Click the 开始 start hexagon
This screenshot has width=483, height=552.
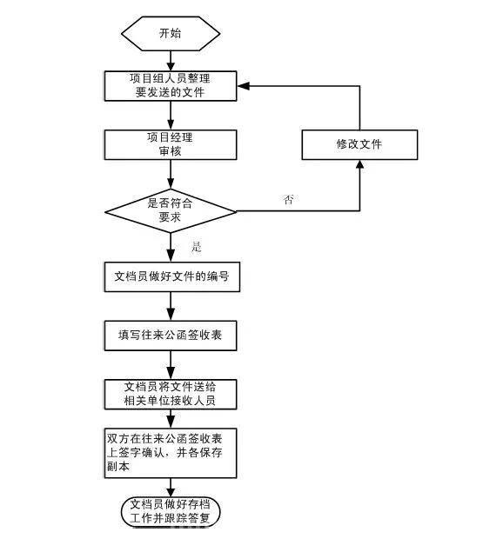tap(171, 34)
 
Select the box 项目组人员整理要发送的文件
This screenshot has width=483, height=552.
tap(171, 86)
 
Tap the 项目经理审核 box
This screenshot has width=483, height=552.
tap(171, 144)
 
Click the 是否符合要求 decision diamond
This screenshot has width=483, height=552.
tap(171, 211)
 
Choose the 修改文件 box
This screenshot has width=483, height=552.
tap(359, 144)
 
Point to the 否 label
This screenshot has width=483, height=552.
tap(288, 200)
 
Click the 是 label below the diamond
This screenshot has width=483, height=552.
tap(197, 246)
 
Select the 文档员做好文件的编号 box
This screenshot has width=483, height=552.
tap(172, 276)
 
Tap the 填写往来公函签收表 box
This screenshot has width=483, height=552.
tap(171, 336)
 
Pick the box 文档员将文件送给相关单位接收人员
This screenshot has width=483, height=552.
tap(171, 395)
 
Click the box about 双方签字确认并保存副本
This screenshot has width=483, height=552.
tap(171, 453)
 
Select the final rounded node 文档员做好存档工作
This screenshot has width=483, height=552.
tap(171, 511)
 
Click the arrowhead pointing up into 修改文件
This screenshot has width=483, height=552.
tap(359, 165)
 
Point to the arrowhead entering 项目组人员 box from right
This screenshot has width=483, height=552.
tap(244, 86)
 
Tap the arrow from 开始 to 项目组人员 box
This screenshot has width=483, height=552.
tap(171, 61)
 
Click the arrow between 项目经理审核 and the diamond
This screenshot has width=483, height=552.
tap(171, 174)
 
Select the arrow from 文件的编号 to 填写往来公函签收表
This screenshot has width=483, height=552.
tap(171, 306)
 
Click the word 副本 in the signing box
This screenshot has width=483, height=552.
tap(118, 467)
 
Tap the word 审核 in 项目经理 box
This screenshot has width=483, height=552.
tap(171, 151)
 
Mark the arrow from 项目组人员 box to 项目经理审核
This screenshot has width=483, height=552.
tap(171, 116)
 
